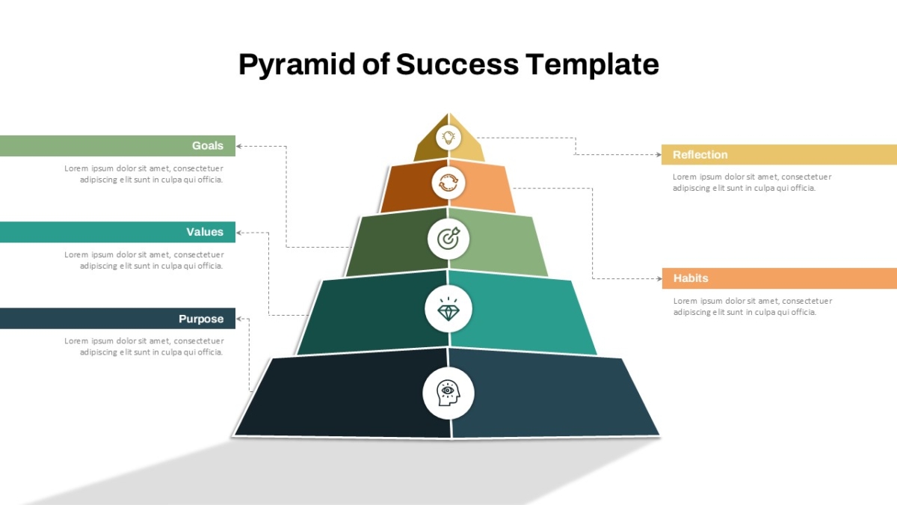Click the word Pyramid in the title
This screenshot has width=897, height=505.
point(297,65)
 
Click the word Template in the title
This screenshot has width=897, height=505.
point(592,65)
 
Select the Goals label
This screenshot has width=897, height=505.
point(208,145)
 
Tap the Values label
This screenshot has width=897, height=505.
point(205,232)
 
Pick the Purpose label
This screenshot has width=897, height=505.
point(201,319)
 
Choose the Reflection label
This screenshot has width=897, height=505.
point(700,155)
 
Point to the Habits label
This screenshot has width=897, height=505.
point(691,278)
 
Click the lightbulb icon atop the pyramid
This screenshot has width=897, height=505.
point(449,138)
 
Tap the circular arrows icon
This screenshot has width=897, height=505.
point(449,183)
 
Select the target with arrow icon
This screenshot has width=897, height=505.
point(449,239)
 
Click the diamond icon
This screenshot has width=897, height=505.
point(449,310)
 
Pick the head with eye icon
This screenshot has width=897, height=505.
point(448,394)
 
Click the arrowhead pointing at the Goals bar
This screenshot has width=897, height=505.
point(238,146)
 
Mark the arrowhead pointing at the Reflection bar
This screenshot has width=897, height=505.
point(659,154)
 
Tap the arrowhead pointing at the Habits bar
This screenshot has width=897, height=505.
point(659,278)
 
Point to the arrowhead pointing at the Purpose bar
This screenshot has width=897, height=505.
point(238,319)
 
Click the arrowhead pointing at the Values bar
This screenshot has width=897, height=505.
point(238,233)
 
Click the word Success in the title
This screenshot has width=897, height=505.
point(457,64)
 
